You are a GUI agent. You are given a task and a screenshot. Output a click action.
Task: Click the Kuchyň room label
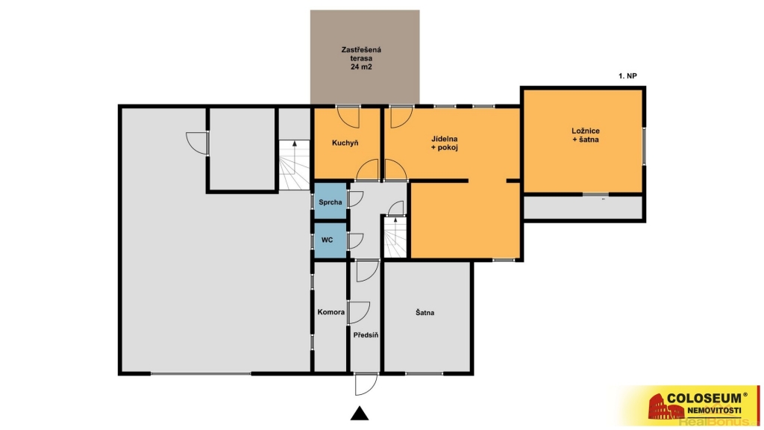pos(345,143)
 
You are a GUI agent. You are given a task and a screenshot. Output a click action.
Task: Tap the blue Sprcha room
pos(331,201)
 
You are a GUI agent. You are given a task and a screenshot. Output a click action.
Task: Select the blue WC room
pos(331,240)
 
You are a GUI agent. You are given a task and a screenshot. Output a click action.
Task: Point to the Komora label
pos(331,312)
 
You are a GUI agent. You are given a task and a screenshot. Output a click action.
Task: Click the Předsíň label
pos(366,335)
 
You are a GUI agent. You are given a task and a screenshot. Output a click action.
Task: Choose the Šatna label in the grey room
pos(425,313)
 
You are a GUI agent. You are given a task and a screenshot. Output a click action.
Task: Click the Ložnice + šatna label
pos(585,135)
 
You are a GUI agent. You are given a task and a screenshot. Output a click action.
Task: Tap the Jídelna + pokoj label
pos(445,143)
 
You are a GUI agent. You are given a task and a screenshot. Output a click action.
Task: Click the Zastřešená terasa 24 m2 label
pos(361,58)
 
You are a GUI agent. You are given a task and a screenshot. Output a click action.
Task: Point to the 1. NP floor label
pos(627,76)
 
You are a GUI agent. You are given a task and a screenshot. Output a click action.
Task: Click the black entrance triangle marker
pos(360,413)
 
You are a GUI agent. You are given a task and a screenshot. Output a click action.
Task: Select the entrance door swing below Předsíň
pos(366,384)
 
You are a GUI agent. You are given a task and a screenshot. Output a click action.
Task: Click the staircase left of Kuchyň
pos(294,165)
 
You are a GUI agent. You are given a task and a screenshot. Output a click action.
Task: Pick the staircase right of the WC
pos(395,237)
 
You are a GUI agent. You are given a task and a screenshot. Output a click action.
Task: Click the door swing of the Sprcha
pos(356,199)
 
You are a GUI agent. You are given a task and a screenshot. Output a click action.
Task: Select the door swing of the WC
pos(356,241)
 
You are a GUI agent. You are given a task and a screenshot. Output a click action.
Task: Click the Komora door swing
pos(359,313)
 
